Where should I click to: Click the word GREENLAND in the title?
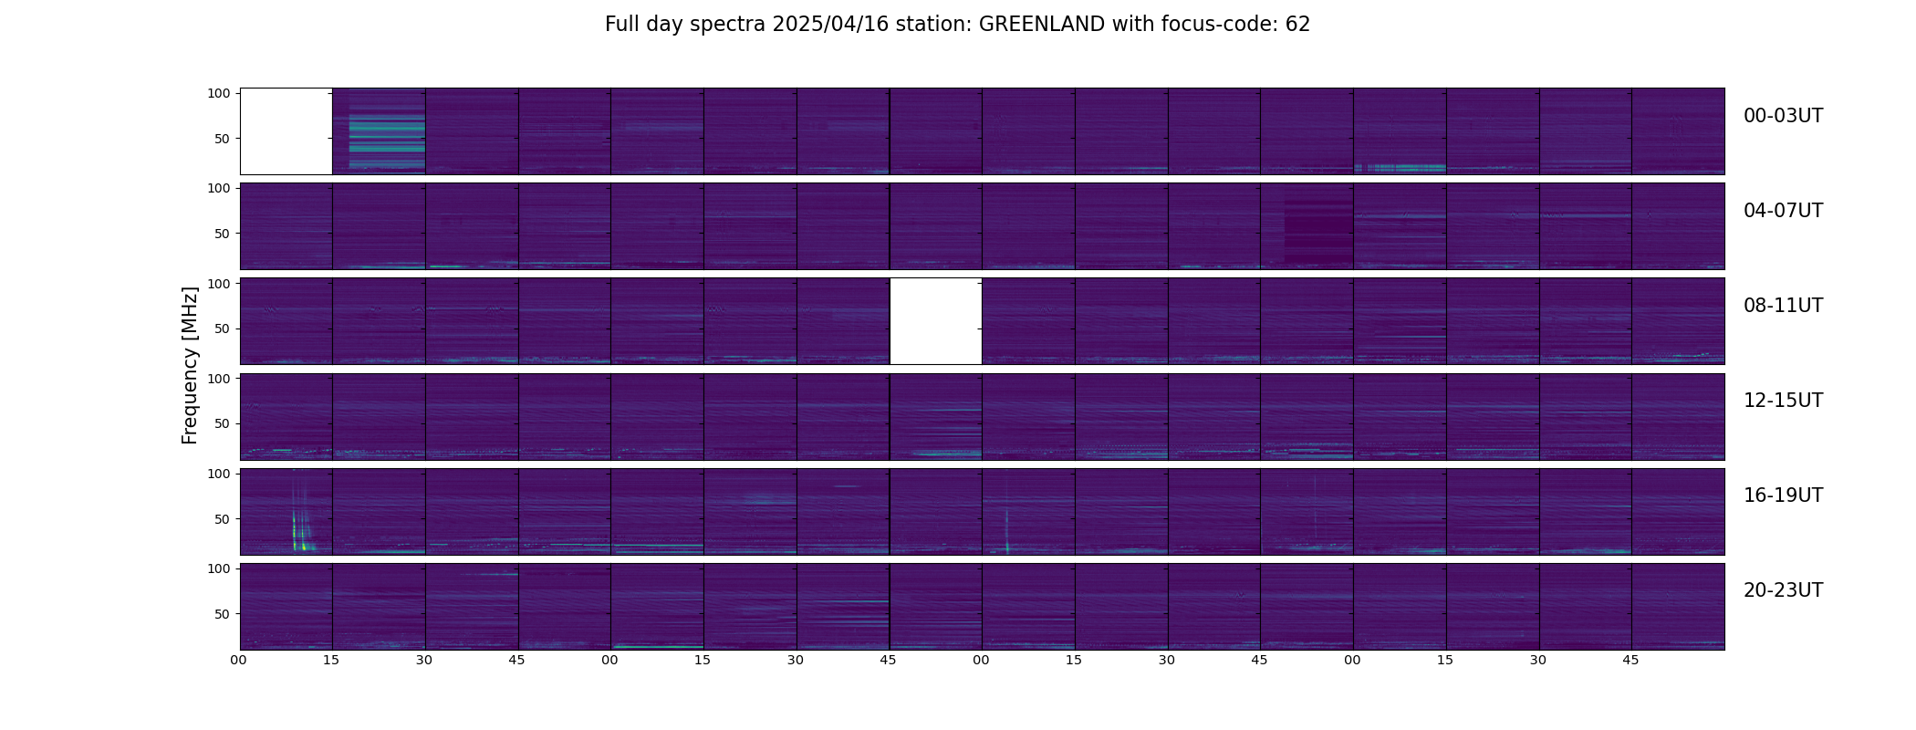point(1042,25)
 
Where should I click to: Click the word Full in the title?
point(621,25)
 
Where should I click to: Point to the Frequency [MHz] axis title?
point(190,365)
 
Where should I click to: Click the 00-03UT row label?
point(1783,116)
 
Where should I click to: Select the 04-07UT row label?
point(1783,211)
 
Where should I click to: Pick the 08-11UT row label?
point(1783,306)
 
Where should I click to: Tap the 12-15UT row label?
point(1783,401)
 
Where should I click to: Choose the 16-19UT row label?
point(1783,495)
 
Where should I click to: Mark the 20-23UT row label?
point(1783,590)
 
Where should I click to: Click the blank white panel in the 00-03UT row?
point(286,131)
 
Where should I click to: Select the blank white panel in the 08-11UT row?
point(936,321)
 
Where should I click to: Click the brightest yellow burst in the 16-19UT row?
point(296,534)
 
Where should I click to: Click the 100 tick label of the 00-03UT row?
point(219,93)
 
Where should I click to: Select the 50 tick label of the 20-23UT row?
point(223,614)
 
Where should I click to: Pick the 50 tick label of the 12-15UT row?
point(223,424)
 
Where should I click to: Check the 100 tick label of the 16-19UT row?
point(219,474)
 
